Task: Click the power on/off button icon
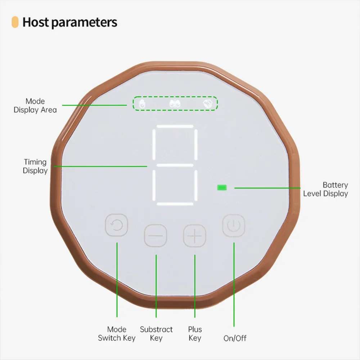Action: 234,225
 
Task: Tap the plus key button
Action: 194,235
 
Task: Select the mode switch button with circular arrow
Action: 116,225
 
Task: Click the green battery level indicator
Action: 222,188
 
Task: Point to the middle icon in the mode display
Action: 175,104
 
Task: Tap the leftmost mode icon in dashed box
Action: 142,104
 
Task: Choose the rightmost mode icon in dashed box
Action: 208,104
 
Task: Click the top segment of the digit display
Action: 175,126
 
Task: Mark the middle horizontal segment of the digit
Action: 175,165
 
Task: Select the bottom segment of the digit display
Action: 175,204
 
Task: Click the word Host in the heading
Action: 36,22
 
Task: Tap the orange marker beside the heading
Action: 15,22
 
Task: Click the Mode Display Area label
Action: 35,105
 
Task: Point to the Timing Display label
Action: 35,166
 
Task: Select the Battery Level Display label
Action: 325,189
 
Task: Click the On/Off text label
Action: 235,338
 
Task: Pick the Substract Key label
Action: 156,334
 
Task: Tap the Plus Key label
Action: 195,334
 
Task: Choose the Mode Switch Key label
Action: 117,334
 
